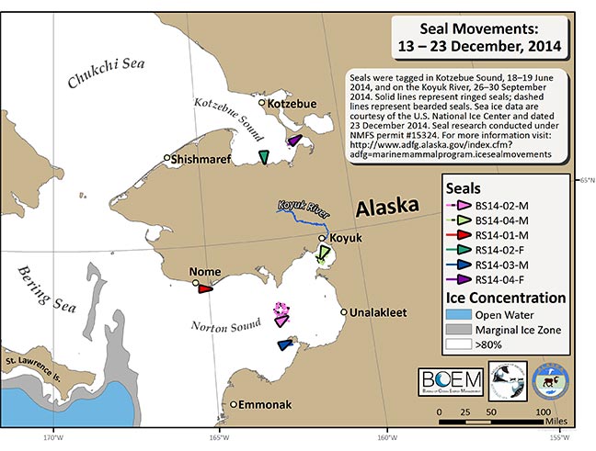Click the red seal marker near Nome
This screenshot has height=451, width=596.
click(205, 288)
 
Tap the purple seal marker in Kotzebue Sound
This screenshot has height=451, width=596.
click(293, 141)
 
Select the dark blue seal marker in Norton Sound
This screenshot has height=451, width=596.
click(285, 344)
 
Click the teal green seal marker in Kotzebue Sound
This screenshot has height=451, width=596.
click(264, 158)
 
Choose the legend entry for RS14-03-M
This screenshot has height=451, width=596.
click(501, 263)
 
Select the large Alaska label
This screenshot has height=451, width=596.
click(381, 208)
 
